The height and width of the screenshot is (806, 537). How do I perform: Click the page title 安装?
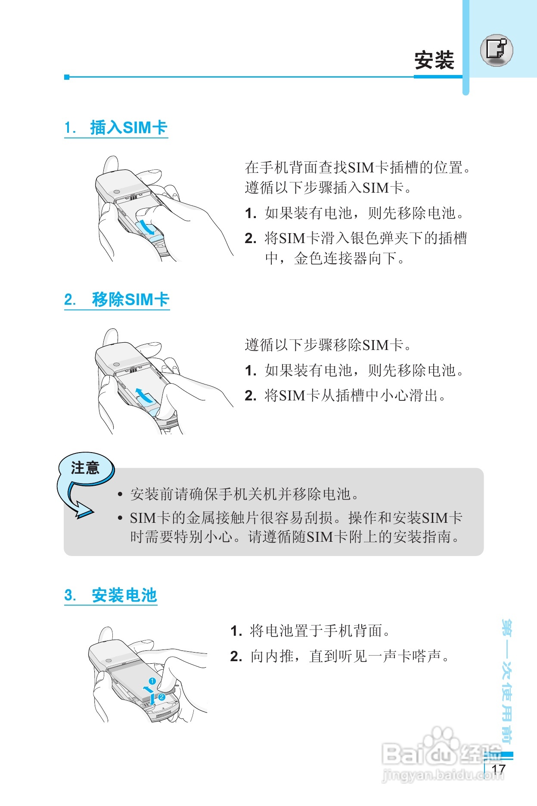(x=434, y=60)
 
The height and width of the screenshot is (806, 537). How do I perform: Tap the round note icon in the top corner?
(x=497, y=50)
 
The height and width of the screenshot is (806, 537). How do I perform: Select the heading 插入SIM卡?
(x=128, y=128)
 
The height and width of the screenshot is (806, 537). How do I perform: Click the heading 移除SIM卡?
(x=130, y=299)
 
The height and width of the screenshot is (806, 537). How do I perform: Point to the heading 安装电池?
(x=124, y=595)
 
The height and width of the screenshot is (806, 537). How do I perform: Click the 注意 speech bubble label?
(x=85, y=468)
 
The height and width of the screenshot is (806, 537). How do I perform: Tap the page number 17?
(x=498, y=769)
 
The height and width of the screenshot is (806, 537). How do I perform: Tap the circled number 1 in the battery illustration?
(x=152, y=681)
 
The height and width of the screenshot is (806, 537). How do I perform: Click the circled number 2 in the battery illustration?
(x=161, y=697)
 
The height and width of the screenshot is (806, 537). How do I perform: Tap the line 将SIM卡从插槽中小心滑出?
(x=355, y=395)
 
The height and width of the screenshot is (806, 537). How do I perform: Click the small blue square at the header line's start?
(x=67, y=77)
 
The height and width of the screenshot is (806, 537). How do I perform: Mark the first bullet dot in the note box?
(x=121, y=494)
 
